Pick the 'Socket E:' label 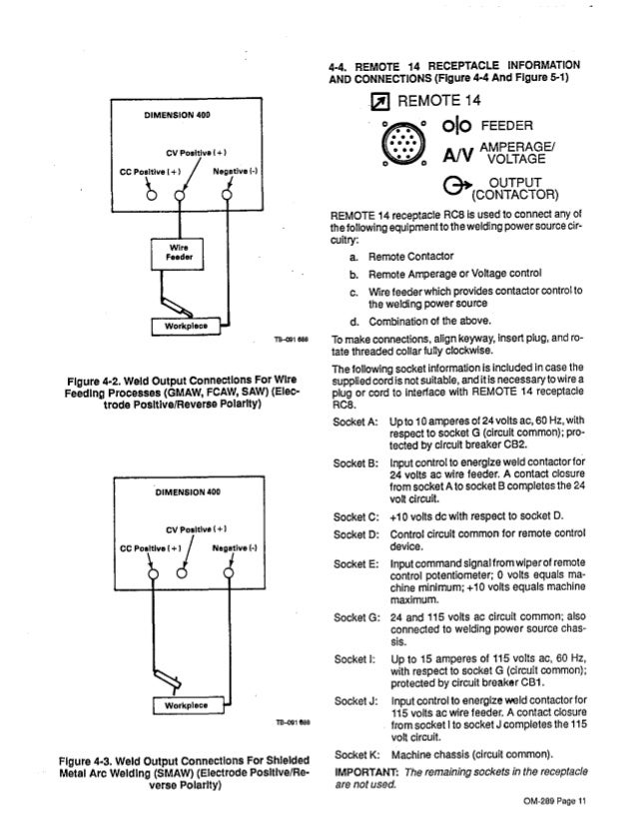pyautogui.click(x=355, y=563)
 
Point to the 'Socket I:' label pyautogui.click(x=354, y=657)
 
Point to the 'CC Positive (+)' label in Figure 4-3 pyautogui.click(x=149, y=546)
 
